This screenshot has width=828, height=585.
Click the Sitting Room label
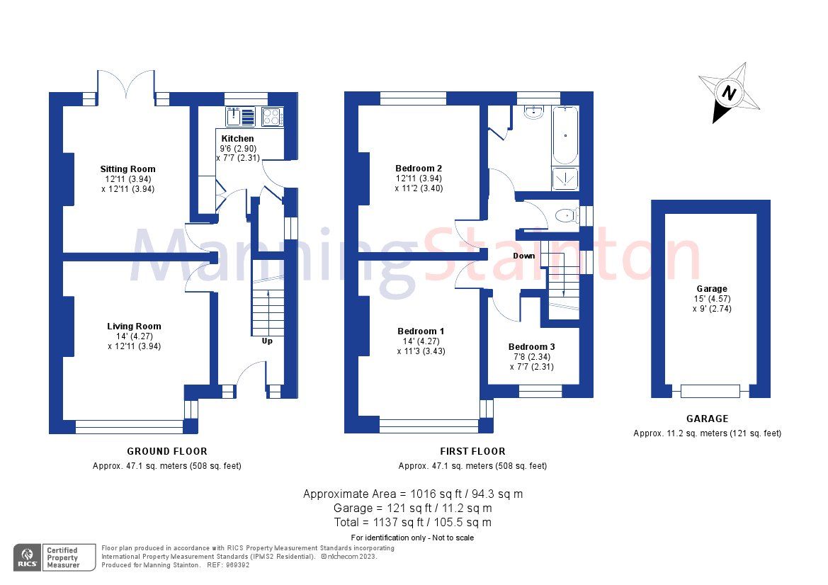coord(127,169)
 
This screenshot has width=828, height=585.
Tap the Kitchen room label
coord(237,138)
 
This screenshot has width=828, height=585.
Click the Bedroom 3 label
coord(531,347)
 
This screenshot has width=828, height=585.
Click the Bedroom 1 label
coord(421,331)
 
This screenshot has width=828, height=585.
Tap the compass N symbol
coord(729,92)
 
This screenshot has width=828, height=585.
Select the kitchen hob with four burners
coord(272,117)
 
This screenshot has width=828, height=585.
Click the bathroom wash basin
coord(533,113)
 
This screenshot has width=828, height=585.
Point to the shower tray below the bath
coord(565,179)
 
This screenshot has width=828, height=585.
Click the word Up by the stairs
coord(268,341)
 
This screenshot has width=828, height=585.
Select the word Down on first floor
coord(524,256)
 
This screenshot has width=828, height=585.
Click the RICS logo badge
coord(28,556)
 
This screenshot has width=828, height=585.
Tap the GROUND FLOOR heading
coord(167,451)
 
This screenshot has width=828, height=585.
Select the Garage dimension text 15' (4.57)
coord(711,299)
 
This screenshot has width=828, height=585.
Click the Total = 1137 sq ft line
coord(413,523)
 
